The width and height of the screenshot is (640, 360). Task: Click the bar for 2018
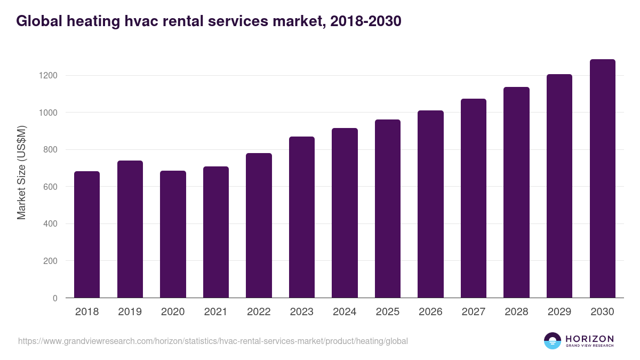point(87,235)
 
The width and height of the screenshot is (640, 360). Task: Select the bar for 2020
point(173,235)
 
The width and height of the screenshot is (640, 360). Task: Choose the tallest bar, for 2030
point(602,179)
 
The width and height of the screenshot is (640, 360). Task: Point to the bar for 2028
point(516,193)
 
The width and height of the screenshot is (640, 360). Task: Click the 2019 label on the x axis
point(130,312)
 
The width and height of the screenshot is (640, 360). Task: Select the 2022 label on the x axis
point(259,312)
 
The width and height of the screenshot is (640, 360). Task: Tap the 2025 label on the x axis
point(387,312)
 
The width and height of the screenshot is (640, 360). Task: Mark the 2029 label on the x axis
point(559,312)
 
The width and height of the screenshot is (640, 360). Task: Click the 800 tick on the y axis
point(51,150)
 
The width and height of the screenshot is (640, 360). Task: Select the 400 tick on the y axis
point(51,224)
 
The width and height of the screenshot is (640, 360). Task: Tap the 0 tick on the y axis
point(55,298)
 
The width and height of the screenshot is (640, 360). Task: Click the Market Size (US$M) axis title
point(21,172)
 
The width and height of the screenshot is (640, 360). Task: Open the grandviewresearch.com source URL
point(213,341)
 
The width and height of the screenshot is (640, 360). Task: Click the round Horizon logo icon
point(553,341)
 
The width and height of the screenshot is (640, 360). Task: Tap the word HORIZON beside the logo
point(589,339)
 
